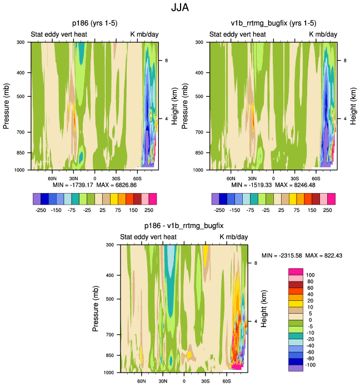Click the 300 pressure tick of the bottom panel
click(x=109, y=245)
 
